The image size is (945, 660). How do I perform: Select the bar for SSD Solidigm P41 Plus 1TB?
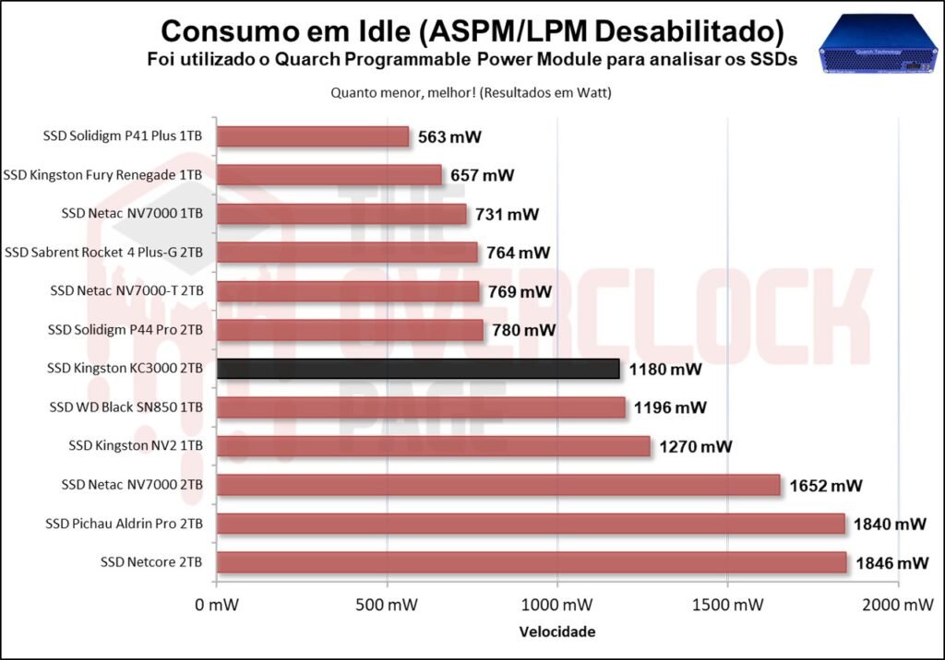pos(313,136)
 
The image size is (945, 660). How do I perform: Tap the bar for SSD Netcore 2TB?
pos(532,562)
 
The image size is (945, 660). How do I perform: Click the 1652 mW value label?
pos(825,486)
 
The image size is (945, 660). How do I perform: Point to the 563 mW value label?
pos(449,137)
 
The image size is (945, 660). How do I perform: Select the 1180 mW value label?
pos(664,370)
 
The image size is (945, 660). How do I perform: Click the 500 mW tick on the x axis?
pos(387,606)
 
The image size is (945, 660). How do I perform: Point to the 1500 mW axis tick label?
pos(727,606)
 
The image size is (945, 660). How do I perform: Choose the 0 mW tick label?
pos(217,606)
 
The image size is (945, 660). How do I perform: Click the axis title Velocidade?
pos(556,632)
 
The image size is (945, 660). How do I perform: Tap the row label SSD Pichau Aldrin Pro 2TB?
pos(125,524)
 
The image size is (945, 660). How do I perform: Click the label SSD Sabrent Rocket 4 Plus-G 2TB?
pos(104,253)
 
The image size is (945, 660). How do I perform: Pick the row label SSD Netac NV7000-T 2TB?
pos(127,291)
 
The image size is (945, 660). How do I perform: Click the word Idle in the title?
pos(381,31)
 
